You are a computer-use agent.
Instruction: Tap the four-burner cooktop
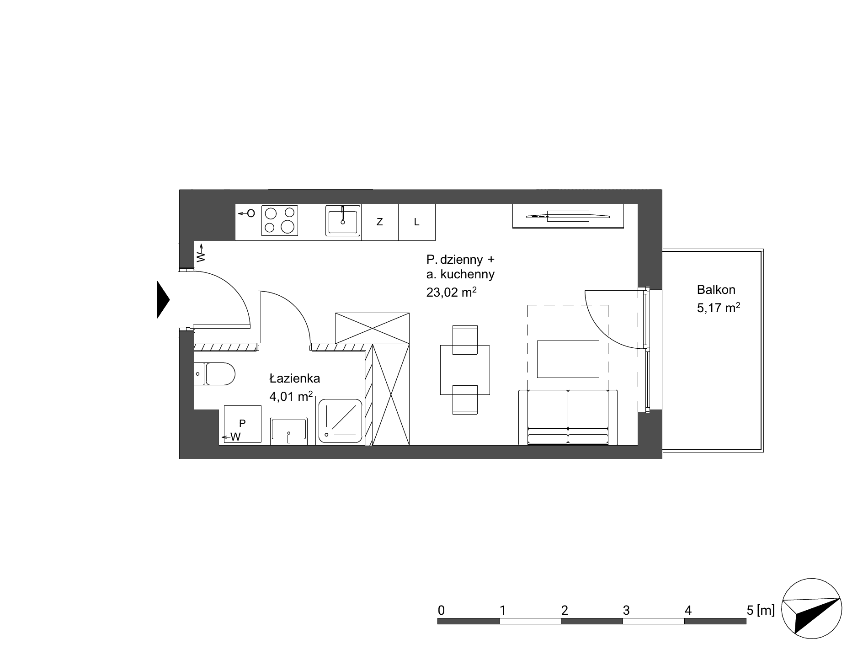pyautogui.click(x=280, y=220)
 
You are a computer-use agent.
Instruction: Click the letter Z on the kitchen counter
pyautogui.click(x=379, y=222)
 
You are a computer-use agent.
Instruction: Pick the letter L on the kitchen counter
pyautogui.click(x=416, y=222)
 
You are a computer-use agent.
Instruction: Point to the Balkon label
pyautogui.click(x=716, y=289)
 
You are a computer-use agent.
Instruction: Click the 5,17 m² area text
pyautogui.click(x=719, y=308)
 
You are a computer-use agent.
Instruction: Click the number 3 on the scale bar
pyautogui.click(x=626, y=610)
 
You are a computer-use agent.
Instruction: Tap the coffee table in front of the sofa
pyautogui.click(x=568, y=359)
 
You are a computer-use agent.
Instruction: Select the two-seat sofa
pyautogui.click(x=568, y=417)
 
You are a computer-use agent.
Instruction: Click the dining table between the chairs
pyautogui.click(x=465, y=370)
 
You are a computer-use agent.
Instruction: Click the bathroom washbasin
pyautogui.click(x=288, y=431)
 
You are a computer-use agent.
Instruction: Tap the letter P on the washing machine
pyautogui.click(x=242, y=423)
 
